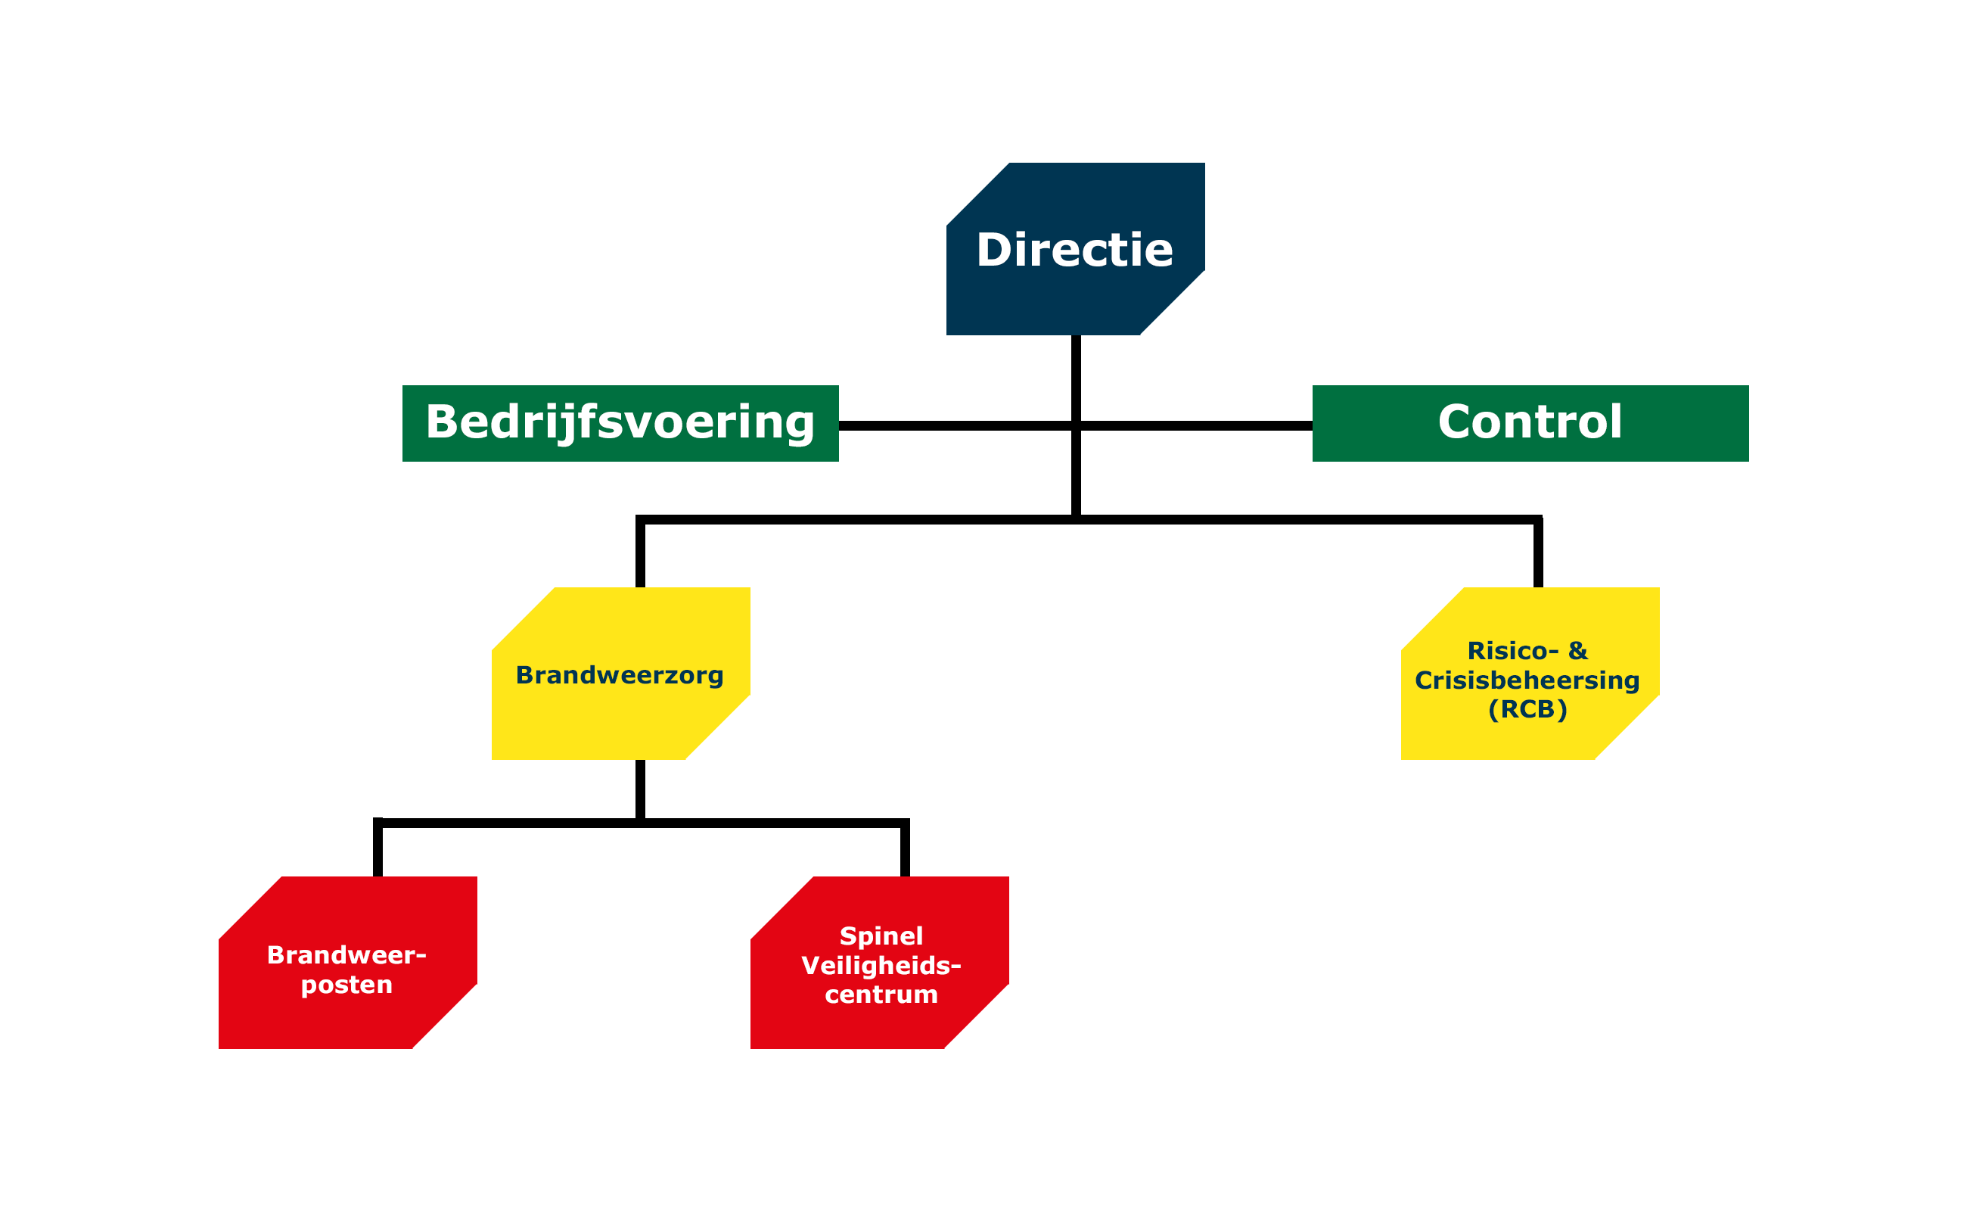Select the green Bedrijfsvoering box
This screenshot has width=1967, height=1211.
(x=620, y=424)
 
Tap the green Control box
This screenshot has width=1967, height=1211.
(x=1530, y=424)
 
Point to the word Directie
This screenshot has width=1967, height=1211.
(x=1074, y=250)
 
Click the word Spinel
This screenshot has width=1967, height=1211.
(x=881, y=935)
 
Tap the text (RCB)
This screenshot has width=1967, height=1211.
(x=1527, y=709)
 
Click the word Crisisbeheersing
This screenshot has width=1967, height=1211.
(x=1527, y=680)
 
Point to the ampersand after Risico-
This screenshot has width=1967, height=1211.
(x=1577, y=650)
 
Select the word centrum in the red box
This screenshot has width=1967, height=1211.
(x=881, y=994)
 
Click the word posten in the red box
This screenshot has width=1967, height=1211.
(x=346, y=985)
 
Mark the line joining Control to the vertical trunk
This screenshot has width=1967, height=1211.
(x=1196, y=425)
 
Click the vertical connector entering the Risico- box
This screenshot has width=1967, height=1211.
(x=1538, y=554)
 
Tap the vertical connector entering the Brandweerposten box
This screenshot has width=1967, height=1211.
(x=378, y=850)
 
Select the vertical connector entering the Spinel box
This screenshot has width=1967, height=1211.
(x=905, y=850)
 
